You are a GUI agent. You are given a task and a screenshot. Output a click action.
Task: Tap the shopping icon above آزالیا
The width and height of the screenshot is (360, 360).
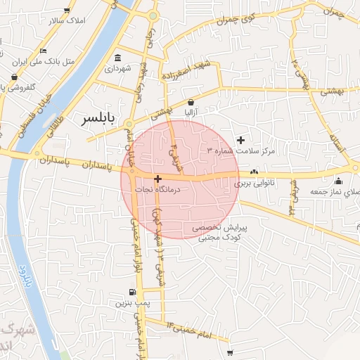[x=191, y=102]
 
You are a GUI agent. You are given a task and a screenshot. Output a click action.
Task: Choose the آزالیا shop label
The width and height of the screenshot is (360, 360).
[x=191, y=112]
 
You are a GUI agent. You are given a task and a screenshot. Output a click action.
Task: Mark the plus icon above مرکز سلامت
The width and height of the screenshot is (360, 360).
[x=241, y=141]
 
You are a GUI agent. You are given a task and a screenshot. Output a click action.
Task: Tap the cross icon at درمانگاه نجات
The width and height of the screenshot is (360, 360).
[x=157, y=179]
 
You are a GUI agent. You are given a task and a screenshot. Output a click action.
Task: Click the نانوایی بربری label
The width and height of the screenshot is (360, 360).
[x=252, y=183]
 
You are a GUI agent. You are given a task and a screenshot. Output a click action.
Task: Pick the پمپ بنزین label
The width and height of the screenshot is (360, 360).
[x=129, y=303]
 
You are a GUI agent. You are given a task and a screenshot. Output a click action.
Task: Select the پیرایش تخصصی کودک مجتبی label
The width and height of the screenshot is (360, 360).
[x=220, y=233]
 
